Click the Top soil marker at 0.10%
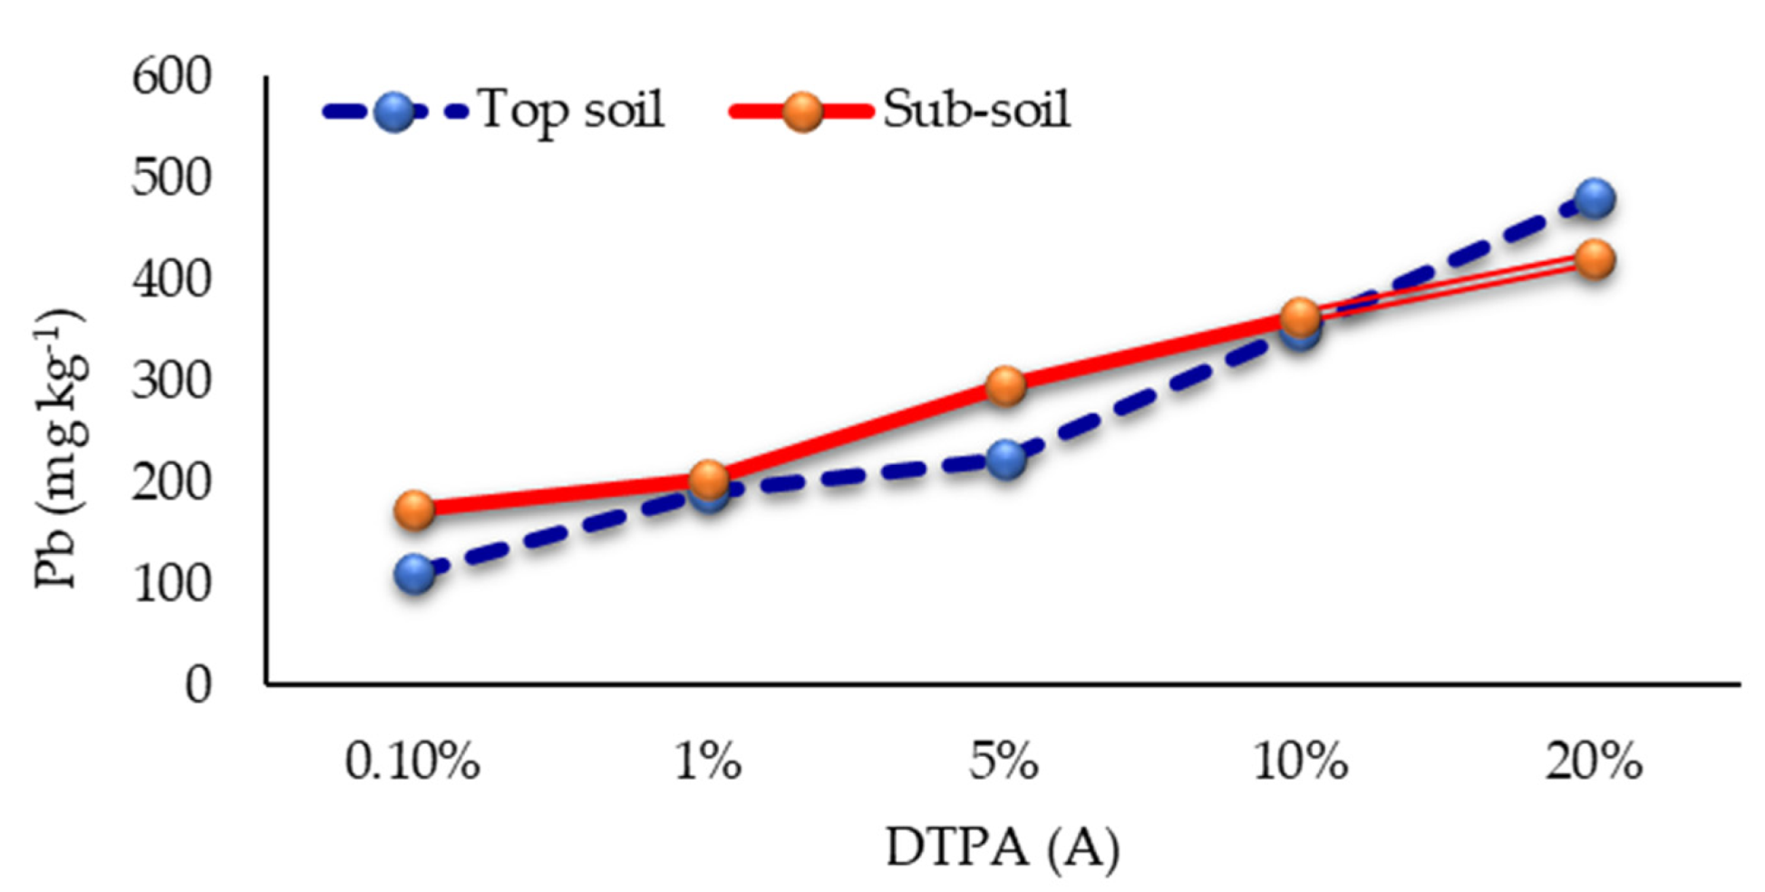[x=414, y=574]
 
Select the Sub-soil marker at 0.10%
[x=414, y=510]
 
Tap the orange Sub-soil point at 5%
[x=1005, y=386]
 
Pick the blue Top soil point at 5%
[x=1005, y=460]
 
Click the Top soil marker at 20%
[x=1595, y=199]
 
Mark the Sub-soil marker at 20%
[x=1595, y=260]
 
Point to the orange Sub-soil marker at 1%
[x=709, y=478]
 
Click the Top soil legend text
[x=571, y=110]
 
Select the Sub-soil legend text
[x=976, y=110]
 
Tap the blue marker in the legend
[x=394, y=112]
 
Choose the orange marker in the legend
[x=802, y=112]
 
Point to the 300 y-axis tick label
[x=171, y=380]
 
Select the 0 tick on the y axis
[x=199, y=684]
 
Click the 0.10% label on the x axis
[x=412, y=762]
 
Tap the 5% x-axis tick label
[x=1004, y=762]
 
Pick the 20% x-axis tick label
[x=1594, y=762]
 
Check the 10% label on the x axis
[x=1300, y=762]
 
